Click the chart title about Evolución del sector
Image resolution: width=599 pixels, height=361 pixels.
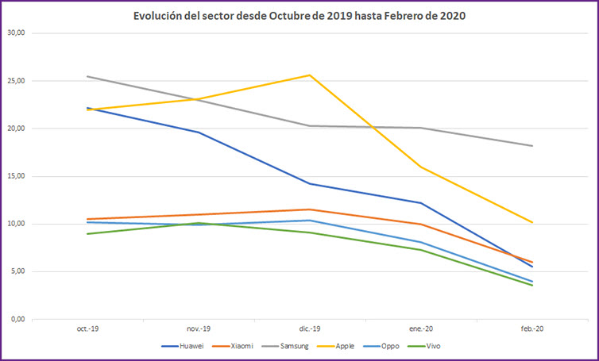pyautogui.click(x=299, y=16)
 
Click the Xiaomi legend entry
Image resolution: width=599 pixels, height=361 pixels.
pyautogui.click(x=239, y=347)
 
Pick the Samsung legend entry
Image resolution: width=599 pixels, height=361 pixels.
pyautogui.click(x=292, y=347)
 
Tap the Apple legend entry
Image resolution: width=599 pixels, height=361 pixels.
pyautogui.click(x=344, y=347)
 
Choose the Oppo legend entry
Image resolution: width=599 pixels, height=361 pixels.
pyautogui.click(x=389, y=347)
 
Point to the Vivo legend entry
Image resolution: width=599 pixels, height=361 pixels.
pyautogui.click(x=432, y=347)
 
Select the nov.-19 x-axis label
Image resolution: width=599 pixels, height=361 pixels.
pyautogui.click(x=199, y=328)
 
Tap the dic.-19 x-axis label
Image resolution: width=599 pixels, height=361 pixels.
pyautogui.click(x=310, y=328)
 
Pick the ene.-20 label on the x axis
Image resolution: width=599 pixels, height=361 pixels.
pyautogui.click(x=421, y=328)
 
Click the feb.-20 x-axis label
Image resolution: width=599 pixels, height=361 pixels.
pyautogui.click(x=532, y=328)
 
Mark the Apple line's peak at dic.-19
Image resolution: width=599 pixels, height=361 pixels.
pyautogui.click(x=310, y=75)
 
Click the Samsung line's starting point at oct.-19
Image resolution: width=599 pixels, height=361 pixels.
pyautogui.click(x=87, y=76)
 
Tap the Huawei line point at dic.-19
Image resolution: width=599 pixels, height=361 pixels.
pyautogui.click(x=310, y=183)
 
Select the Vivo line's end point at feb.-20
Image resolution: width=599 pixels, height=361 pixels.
pyautogui.click(x=532, y=285)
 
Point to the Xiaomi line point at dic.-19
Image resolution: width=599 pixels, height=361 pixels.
pyautogui.click(x=310, y=209)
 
